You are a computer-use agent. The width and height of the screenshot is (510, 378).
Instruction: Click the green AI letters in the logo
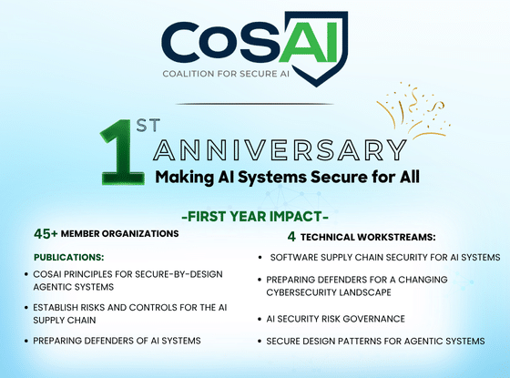pyautogui.click(x=309, y=42)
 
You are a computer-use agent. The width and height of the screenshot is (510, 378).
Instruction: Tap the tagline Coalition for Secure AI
pyautogui.click(x=226, y=74)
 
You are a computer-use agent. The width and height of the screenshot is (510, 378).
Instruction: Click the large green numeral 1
pyautogui.click(x=123, y=152)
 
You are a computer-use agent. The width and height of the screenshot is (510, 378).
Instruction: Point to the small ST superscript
pyautogui.click(x=148, y=126)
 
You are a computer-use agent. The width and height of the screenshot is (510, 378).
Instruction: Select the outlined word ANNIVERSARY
pyautogui.click(x=280, y=150)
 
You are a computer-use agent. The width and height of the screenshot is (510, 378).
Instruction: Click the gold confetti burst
pyautogui.click(x=413, y=110)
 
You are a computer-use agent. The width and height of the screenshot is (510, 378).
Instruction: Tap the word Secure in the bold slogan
pyautogui.click(x=337, y=177)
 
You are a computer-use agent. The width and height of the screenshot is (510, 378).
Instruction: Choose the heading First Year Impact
pyautogui.click(x=255, y=217)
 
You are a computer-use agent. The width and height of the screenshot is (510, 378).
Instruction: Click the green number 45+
pyautogui.click(x=46, y=233)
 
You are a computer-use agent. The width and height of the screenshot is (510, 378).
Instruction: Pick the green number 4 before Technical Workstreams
pyautogui.click(x=291, y=237)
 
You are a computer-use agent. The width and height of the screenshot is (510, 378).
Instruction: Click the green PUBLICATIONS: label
pyautogui.click(x=69, y=257)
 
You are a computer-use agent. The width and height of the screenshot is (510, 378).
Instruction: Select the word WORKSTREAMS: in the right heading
pyautogui.click(x=396, y=237)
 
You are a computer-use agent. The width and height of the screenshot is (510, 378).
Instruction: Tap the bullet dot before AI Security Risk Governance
pyautogui.click(x=260, y=319)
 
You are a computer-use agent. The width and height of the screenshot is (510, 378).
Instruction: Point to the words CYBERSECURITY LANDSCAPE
pyautogui.click(x=329, y=292)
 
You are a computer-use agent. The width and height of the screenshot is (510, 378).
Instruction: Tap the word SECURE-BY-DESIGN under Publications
pyautogui.click(x=178, y=274)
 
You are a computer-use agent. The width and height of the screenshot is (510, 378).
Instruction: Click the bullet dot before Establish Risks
pyautogui.click(x=26, y=308)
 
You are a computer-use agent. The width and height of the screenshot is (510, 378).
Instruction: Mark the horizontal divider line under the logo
pyautogui.click(x=255, y=104)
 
